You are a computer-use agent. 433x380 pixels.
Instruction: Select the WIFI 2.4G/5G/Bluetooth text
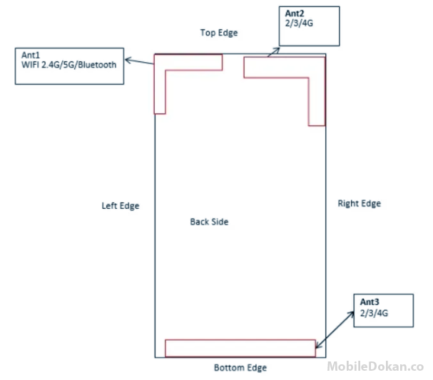69,65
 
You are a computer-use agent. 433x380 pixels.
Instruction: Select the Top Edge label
219,33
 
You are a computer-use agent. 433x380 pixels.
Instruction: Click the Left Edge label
121,206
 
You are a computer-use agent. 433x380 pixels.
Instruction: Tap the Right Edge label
359,204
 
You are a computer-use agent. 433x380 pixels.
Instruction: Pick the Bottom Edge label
240,368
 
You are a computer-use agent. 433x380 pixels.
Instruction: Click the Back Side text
209,222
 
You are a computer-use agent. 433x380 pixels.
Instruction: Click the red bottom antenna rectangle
240,347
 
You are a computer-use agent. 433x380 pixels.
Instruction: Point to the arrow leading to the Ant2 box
274,49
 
